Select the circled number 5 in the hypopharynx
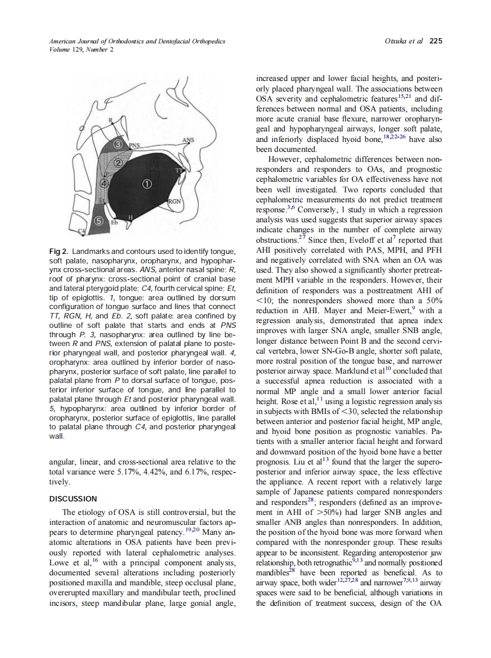(99, 221)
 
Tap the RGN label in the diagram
(174, 201)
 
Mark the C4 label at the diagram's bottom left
(82, 232)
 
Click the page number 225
(435, 41)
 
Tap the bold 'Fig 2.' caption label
(59, 252)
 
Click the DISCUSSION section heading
(73, 499)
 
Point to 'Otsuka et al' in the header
(404, 41)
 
